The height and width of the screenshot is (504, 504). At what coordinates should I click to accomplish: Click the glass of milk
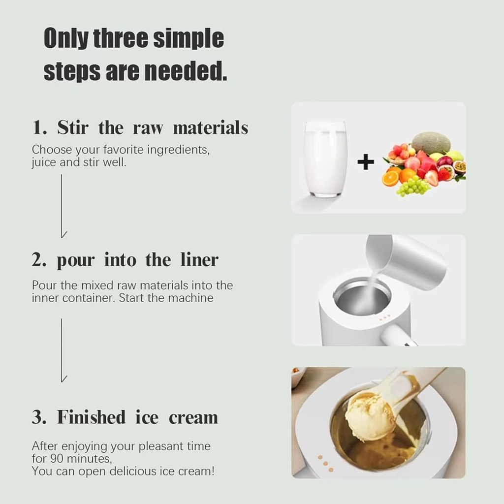(x=325, y=158)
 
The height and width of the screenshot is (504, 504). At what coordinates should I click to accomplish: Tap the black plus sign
(x=365, y=162)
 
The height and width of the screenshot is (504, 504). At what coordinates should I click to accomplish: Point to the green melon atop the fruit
(x=431, y=142)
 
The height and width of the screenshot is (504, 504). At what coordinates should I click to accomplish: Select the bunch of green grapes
(x=413, y=187)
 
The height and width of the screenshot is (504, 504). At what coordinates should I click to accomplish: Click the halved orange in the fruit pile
(x=390, y=178)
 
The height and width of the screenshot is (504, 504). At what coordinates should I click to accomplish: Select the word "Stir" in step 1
(x=73, y=128)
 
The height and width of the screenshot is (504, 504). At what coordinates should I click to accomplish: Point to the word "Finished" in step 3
(x=91, y=417)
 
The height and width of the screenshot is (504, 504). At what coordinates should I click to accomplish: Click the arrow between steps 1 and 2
(x=62, y=206)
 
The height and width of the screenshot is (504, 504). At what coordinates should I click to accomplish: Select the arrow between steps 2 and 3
(x=62, y=350)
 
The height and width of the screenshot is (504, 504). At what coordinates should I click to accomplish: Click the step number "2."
(x=39, y=260)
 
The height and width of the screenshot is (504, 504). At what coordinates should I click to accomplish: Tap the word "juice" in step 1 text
(x=44, y=162)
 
